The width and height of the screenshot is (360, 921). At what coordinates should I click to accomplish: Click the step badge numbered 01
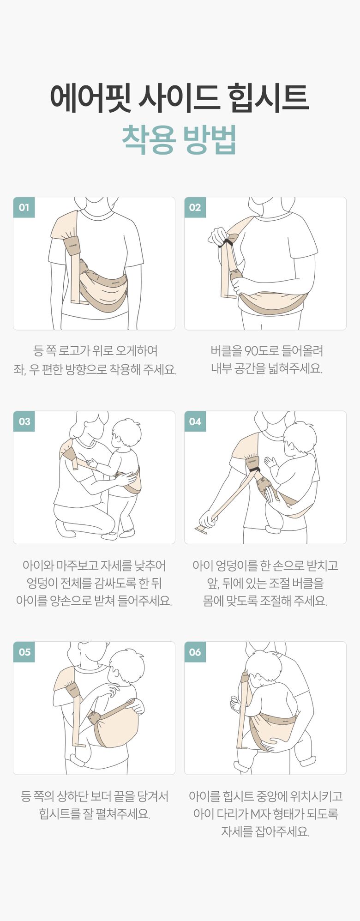point(24,207)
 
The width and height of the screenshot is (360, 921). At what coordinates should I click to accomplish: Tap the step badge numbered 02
point(195,207)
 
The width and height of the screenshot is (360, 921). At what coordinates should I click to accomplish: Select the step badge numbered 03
point(24,421)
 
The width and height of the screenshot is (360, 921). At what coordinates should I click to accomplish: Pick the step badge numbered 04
point(195,421)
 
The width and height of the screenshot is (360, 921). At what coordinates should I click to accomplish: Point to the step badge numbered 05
point(24,652)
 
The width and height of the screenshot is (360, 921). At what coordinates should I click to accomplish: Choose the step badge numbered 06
point(195,652)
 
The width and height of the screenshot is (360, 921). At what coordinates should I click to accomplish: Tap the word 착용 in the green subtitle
point(149,139)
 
